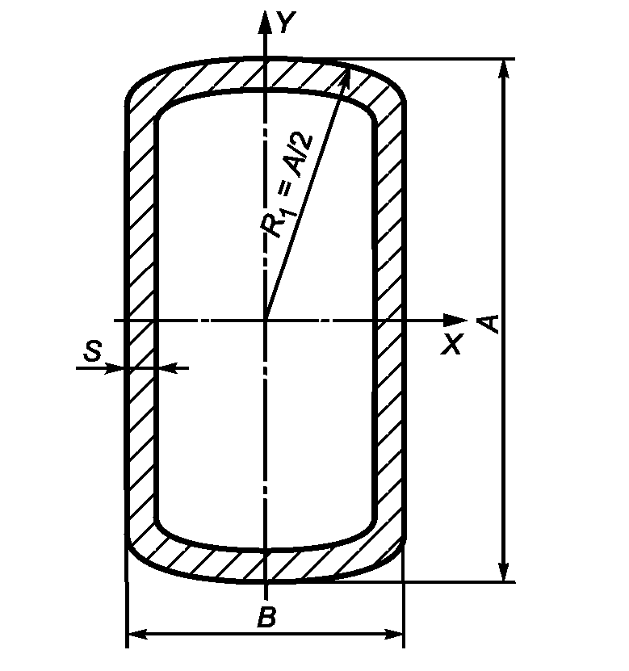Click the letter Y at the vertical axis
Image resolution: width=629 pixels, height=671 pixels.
[287, 22]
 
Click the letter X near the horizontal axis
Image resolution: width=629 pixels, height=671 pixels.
[452, 344]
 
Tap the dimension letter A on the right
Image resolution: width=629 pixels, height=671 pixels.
[489, 324]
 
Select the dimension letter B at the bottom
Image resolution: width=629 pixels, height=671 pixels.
[266, 617]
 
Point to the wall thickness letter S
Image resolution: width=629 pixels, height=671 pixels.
[93, 350]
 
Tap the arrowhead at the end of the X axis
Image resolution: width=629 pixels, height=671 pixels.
[455, 320]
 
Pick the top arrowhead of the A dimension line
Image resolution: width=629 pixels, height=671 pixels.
[505, 69]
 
